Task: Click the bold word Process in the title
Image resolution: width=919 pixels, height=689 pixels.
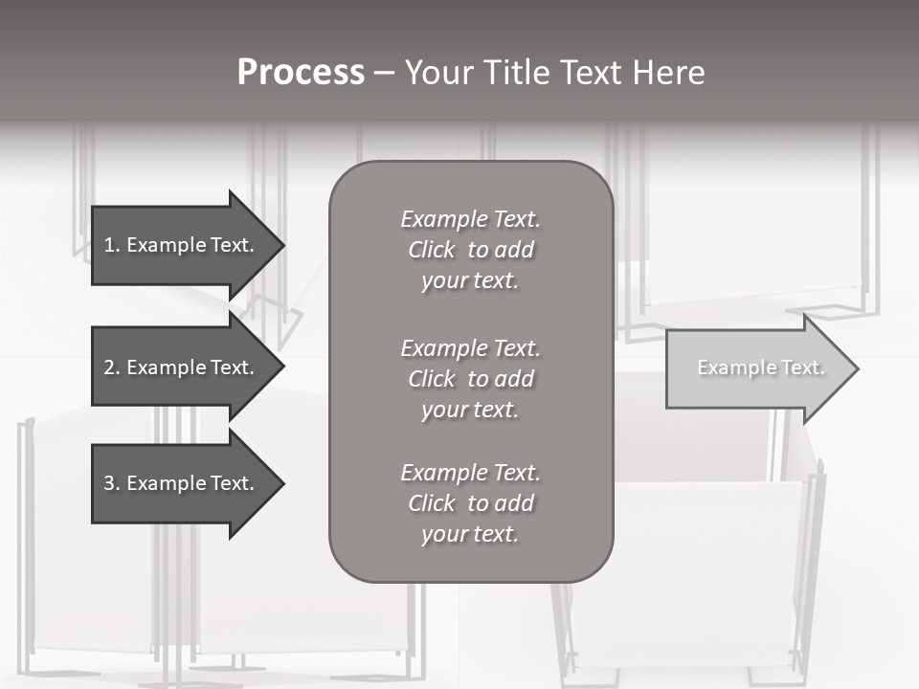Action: (x=301, y=73)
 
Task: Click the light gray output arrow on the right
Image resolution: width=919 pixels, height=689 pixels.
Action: (x=756, y=367)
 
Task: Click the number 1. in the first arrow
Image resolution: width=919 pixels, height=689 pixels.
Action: (x=111, y=245)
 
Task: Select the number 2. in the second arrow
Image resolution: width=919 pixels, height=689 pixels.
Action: (x=111, y=367)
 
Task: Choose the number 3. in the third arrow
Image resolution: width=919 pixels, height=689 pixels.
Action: (x=111, y=483)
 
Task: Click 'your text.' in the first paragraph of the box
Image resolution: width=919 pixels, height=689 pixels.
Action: (x=470, y=281)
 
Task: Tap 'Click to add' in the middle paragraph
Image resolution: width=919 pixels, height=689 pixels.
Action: (x=471, y=379)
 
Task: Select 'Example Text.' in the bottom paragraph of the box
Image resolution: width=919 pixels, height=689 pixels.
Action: (x=471, y=473)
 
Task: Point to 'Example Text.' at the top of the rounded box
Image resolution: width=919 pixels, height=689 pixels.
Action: (x=471, y=219)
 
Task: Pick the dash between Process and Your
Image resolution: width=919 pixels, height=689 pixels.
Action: (x=385, y=73)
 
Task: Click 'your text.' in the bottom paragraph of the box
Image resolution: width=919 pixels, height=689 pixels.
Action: (x=470, y=534)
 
